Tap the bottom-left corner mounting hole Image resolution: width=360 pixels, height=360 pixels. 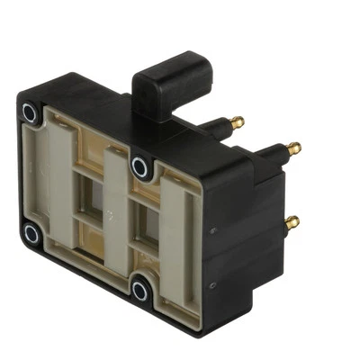(x=31, y=235)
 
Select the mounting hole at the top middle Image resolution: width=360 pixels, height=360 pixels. (x=140, y=166)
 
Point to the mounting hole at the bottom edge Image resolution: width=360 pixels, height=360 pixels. (x=141, y=289)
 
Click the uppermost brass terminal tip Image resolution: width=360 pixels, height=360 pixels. (x=237, y=121)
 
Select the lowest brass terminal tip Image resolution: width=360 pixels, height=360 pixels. (x=291, y=220)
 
